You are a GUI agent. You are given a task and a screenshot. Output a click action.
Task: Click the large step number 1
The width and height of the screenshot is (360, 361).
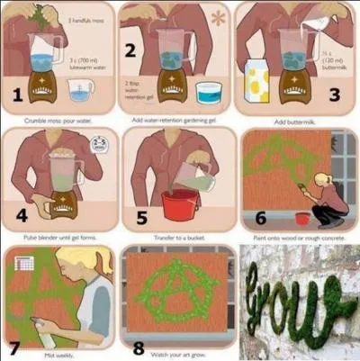(x=17, y=94)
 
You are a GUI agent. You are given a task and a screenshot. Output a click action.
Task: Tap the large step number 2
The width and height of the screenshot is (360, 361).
(x=131, y=50)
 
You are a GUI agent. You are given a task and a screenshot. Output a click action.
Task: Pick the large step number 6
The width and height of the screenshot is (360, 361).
(x=261, y=216)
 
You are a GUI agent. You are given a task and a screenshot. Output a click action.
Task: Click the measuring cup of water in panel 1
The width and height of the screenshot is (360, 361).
(x=80, y=91)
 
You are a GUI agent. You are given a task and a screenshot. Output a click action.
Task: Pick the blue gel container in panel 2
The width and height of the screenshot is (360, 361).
(x=209, y=93)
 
